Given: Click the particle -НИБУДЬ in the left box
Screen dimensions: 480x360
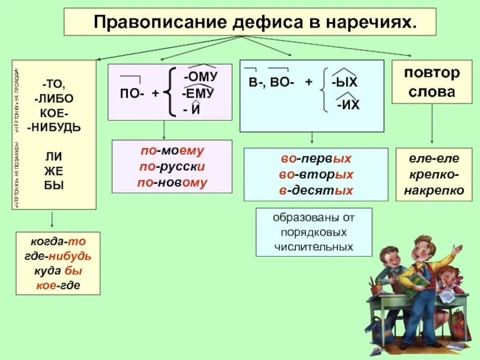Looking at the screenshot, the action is point(54,127).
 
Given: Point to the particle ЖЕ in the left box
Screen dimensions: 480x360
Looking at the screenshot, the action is point(53,170).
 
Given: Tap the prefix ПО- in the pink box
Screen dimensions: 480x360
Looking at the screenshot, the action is point(131,94).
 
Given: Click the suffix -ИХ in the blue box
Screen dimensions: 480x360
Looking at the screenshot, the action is point(348,106).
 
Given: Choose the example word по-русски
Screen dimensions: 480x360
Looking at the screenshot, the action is point(172,167).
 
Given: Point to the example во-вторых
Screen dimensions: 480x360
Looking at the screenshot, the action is point(316,175).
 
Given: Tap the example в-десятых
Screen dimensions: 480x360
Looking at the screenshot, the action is point(316,190).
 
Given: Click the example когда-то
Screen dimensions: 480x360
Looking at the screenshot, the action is point(58,242).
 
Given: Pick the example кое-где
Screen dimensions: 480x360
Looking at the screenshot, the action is point(58,286).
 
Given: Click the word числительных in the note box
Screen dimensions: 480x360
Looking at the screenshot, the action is point(314,246).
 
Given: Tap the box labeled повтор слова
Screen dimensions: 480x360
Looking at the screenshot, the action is point(431,82).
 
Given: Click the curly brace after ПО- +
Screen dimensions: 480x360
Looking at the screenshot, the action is point(170,91).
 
